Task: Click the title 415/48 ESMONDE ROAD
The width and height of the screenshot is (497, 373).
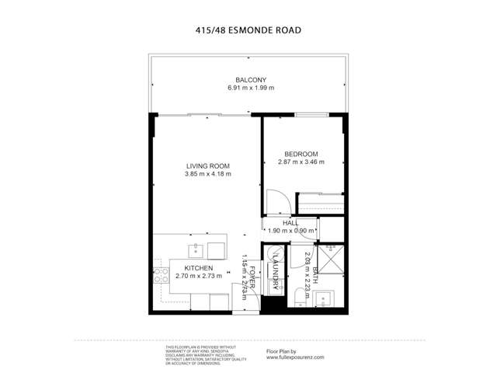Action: click(248, 31)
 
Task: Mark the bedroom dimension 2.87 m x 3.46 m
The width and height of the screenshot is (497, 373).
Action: click(301, 162)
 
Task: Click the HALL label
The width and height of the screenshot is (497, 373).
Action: click(290, 222)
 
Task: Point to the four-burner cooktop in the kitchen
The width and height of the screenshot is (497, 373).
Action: click(162, 275)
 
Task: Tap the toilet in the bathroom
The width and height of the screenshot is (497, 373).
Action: click(299, 297)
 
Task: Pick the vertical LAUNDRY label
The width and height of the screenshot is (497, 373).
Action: click(276, 273)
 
